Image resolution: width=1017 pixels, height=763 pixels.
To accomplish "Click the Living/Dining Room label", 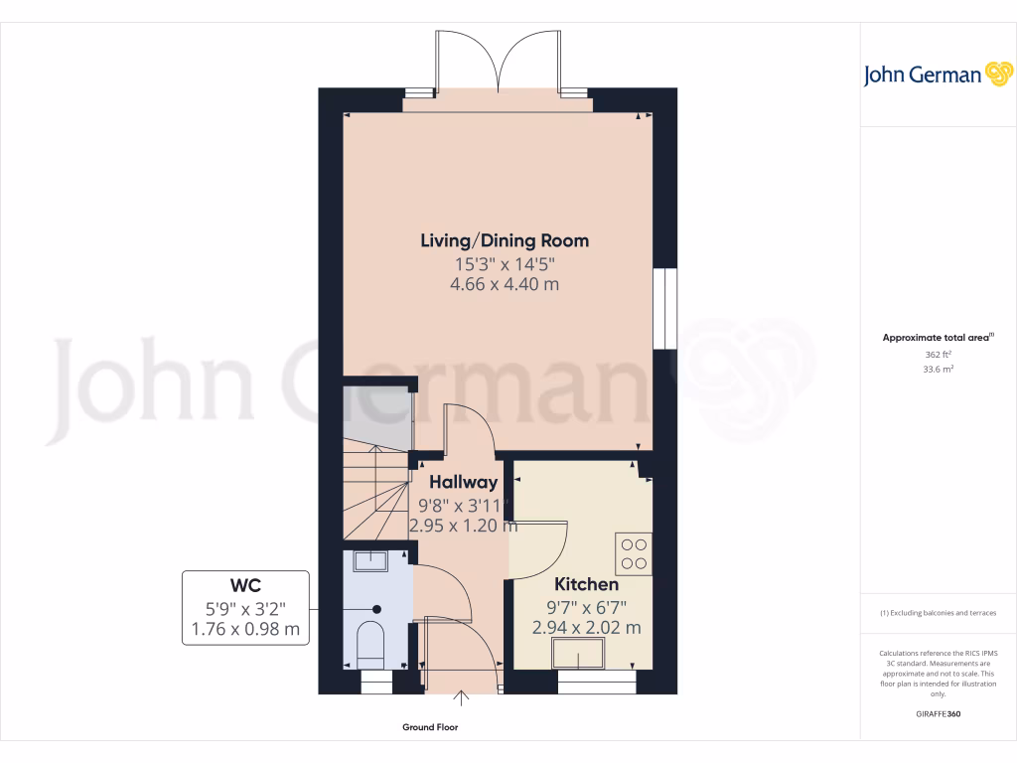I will coord(505,240).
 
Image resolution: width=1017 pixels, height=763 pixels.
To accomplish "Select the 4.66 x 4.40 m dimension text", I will coord(505,284).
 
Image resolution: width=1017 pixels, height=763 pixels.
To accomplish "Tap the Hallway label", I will coord(463,483).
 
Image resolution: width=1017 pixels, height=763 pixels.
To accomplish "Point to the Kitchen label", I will coord(586,584).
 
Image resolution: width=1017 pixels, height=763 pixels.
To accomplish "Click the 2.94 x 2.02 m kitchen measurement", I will coord(586,627).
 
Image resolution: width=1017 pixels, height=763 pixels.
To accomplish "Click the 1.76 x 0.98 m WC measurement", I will coord(244,628).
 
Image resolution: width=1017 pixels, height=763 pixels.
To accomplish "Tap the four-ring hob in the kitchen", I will coord(633,553).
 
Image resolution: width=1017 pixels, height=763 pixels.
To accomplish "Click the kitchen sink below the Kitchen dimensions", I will coord(579,653).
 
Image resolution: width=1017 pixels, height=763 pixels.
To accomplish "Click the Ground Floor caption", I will coord(430,728).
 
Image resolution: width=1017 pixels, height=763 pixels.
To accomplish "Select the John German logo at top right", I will coord(937,75).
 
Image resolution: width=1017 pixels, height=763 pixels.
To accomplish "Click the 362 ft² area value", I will coord(938,354).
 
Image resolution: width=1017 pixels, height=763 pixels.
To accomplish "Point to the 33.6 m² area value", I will coord(938,369).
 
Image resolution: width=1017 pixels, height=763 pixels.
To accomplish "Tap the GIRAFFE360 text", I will coord(938,714).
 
